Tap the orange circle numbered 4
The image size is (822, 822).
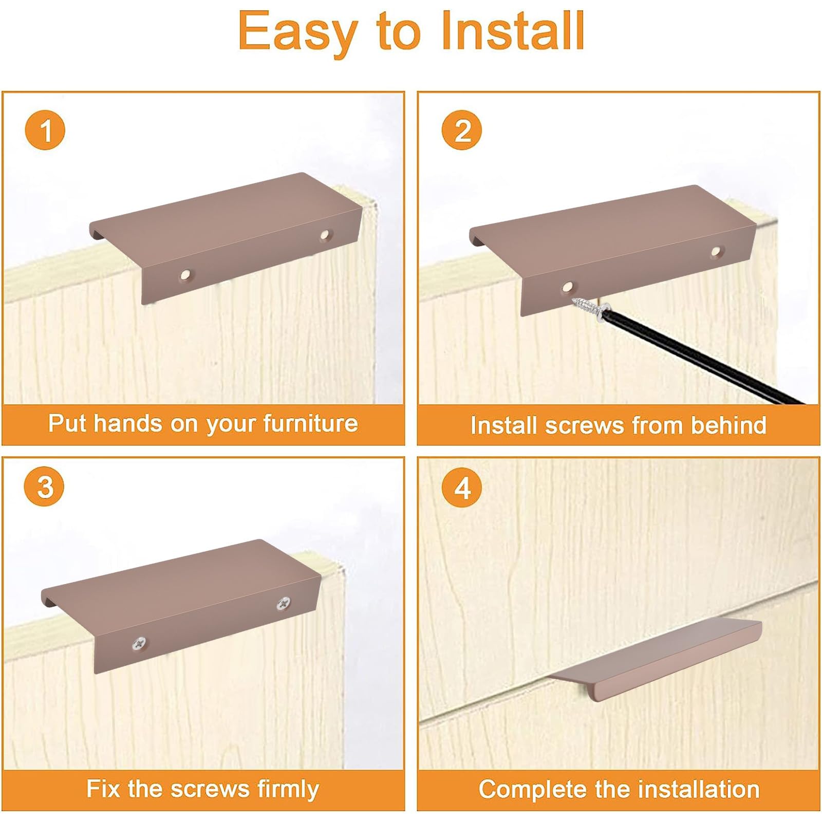coord(462,488)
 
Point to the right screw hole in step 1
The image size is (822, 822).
coord(325,235)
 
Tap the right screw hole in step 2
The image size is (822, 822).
coord(716,252)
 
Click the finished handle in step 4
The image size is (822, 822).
coord(656,661)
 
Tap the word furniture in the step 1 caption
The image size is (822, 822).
coord(310,424)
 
